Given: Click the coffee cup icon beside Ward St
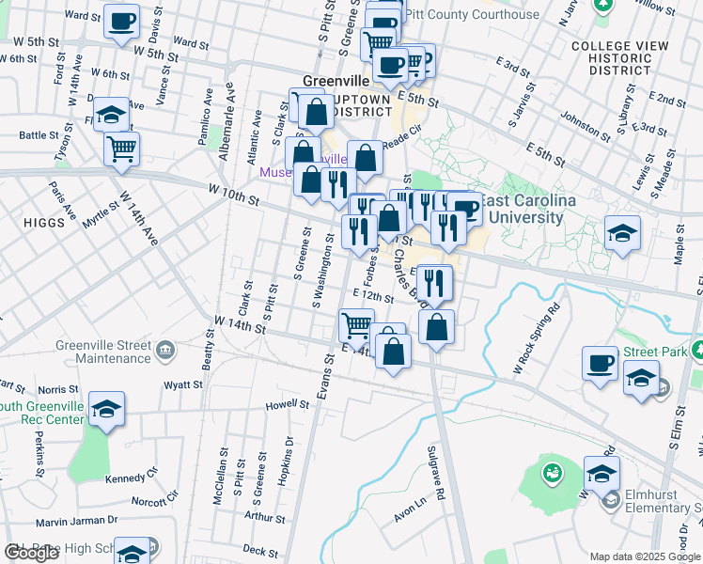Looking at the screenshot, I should click(121, 21).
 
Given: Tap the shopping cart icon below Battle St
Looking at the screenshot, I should click(121, 149).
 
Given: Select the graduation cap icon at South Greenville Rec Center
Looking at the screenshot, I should click(107, 409).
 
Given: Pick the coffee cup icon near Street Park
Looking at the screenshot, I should click(600, 363).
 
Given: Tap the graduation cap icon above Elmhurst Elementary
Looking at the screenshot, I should click(601, 473).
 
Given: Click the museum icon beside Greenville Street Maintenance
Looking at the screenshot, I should click(166, 351).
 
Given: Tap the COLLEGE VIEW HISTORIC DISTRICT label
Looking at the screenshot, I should click(612, 58).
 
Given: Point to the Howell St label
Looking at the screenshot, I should click(288, 405).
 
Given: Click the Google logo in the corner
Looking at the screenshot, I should click(31, 553).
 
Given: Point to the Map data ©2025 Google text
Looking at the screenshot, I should click(644, 556).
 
